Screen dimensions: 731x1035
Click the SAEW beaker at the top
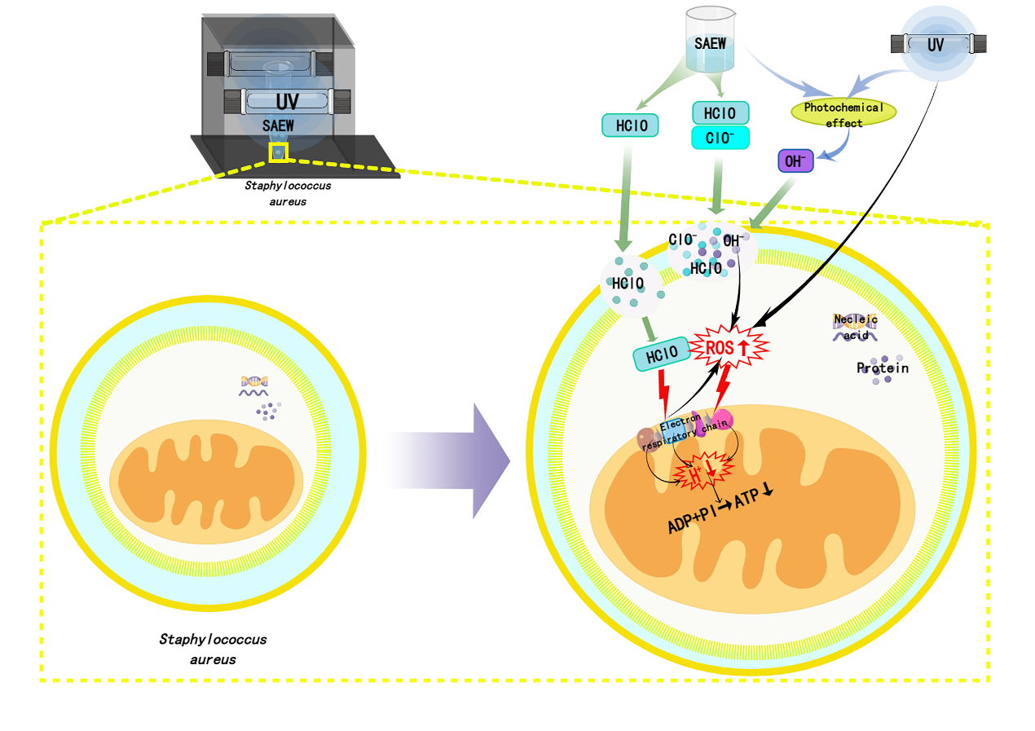pos(711,41)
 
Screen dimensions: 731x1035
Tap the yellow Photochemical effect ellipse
pos(843,114)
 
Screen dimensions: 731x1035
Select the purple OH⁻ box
pos(795,161)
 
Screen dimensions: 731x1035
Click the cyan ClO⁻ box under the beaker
pos(720,138)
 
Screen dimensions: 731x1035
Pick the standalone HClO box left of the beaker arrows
pos(629,125)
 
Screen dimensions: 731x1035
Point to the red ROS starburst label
pos(729,348)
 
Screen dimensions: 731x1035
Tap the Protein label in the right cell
pos(883,368)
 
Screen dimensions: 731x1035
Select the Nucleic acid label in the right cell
pos(855,327)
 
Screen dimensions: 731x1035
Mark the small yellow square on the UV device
pos(279,152)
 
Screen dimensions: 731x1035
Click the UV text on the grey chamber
pos(287,102)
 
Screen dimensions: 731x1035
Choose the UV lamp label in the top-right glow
pos(936,44)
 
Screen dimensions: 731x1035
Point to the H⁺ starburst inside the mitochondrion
pos(699,473)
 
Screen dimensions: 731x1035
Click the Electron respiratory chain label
pos(686,431)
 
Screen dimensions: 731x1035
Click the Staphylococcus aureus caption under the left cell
pos(213,649)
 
